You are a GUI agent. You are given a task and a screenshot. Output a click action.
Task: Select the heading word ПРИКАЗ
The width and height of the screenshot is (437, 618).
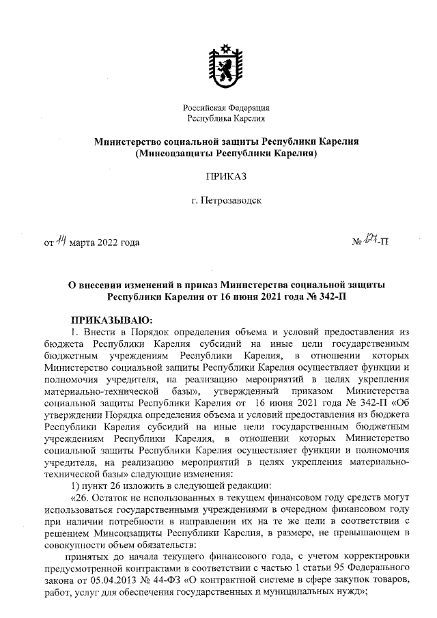[226, 176]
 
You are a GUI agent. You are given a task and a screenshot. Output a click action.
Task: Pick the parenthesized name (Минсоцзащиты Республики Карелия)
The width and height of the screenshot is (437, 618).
[226, 154]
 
